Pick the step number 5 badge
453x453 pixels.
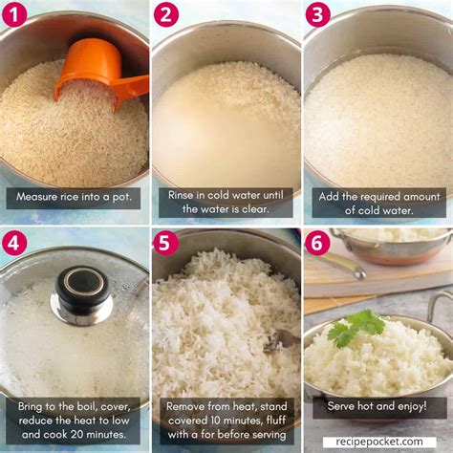pyautogui.click(x=166, y=243)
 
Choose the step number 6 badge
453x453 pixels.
pyautogui.click(x=317, y=243)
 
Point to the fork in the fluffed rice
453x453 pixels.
pyautogui.click(x=282, y=337)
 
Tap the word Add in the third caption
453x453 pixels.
pyautogui.click(x=331, y=194)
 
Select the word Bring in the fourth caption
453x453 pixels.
pyautogui.click(x=35, y=406)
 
